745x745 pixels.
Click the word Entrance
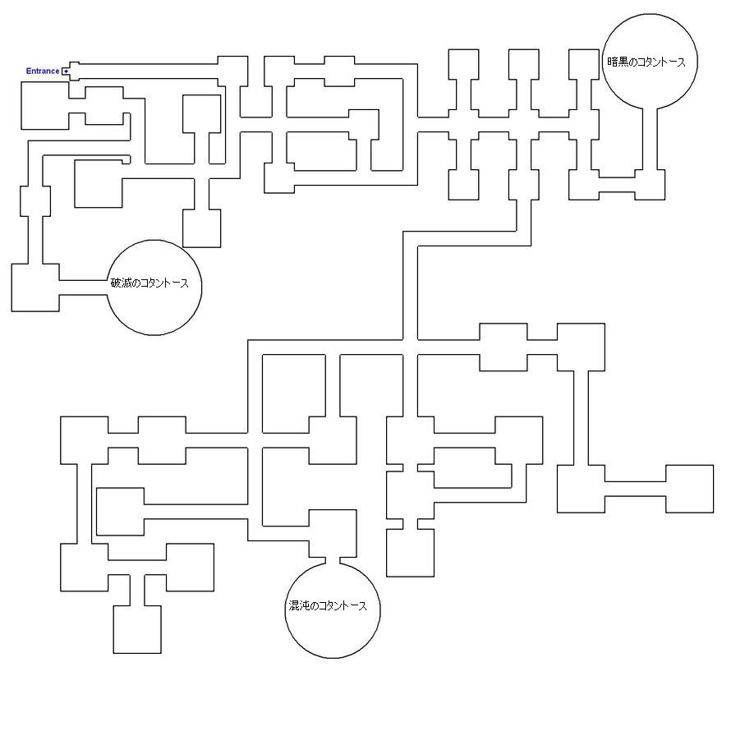(x=42, y=71)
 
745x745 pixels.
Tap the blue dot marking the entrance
(x=66, y=71)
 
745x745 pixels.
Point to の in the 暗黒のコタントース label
(x=633, y=62)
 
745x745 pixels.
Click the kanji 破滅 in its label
(x=122, y=283)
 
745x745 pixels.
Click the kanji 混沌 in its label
(x=298, y=606)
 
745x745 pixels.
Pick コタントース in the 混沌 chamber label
(x=343, y=606)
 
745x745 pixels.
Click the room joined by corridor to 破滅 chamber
(x=35, y=287)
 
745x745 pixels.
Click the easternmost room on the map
(x=689, y=489)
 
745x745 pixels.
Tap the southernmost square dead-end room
(x=137, y=629)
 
